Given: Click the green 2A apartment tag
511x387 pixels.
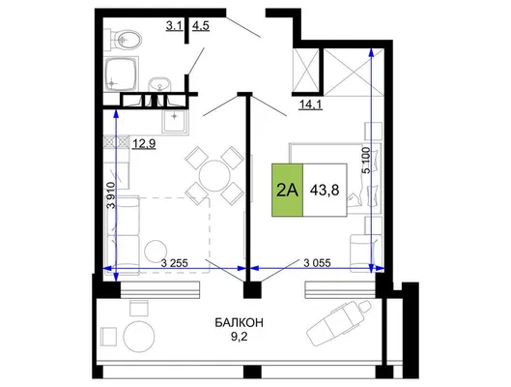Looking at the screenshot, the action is [x=288, y=190].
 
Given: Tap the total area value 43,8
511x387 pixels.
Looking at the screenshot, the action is [x=325, y=190].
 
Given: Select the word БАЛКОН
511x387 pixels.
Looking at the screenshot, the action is [x=240, y=323].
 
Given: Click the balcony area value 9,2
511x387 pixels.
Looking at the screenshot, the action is [x=240, y=337].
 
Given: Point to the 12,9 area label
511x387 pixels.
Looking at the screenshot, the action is [x=144, y=143].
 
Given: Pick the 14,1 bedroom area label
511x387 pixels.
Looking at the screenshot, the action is [x=311, y=104].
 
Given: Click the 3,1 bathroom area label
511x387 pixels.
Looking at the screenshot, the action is [x=174, y=25].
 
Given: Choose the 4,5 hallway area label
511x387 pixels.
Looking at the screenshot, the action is [x=201, y=25].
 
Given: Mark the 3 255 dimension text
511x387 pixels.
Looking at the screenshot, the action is [x=174, y=263].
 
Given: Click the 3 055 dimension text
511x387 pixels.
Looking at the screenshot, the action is [x=317, y=262].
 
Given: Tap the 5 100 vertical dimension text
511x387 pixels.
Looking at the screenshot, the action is [x=366, y=161].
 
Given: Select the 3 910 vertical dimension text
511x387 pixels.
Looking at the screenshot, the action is [x=112, y=195].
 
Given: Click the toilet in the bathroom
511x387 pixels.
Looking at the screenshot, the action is [x=124, y=40].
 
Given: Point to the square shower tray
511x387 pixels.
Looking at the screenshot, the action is [x=122, y=74].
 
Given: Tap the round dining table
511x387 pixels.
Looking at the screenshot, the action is [x=214, y=176].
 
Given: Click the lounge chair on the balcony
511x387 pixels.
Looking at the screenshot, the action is [x=339, y=323].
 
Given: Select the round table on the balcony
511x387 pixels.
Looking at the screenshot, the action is [x=139, y=336].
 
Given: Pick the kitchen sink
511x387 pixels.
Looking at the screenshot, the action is [x=175, y=121].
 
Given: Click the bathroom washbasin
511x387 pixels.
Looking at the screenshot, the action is [x=159, y=85].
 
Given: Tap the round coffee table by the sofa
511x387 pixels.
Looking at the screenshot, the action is [x=156, y=252].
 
